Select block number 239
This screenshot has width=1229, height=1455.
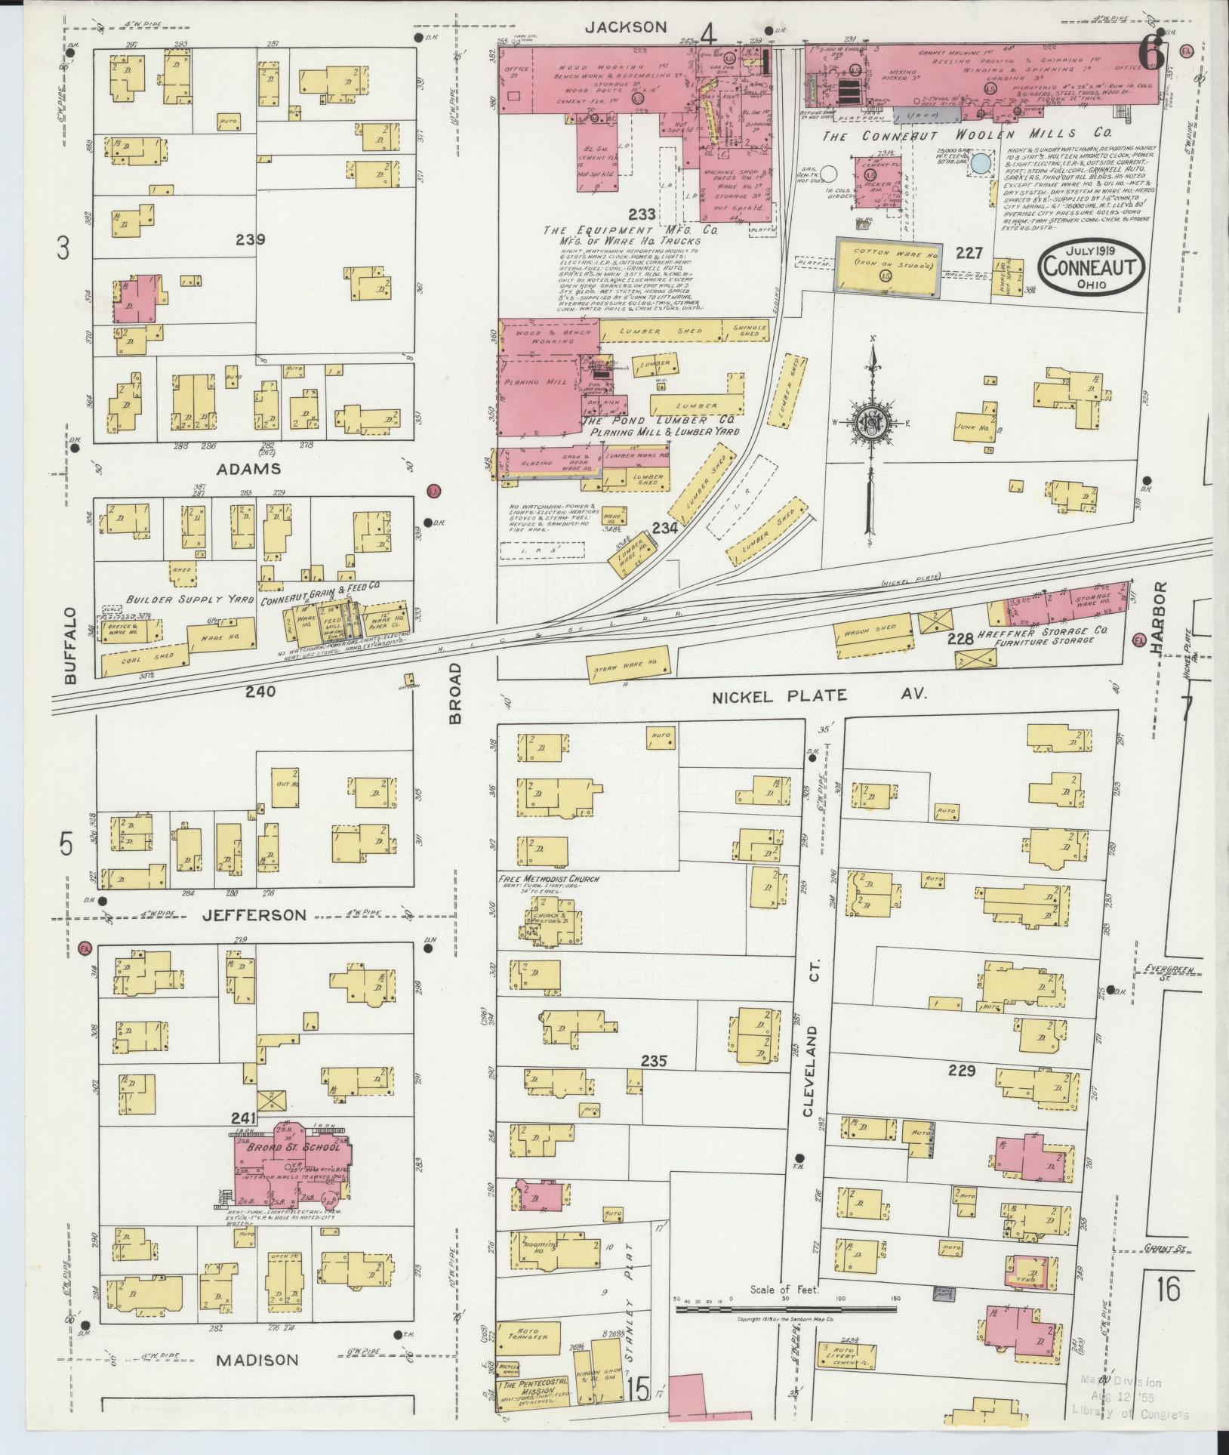250,240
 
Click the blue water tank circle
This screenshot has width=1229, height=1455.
981,163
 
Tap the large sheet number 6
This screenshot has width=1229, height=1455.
1150,54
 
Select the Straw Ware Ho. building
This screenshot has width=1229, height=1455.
625,666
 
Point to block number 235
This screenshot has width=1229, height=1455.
654,1061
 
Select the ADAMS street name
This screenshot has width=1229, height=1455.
249,469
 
